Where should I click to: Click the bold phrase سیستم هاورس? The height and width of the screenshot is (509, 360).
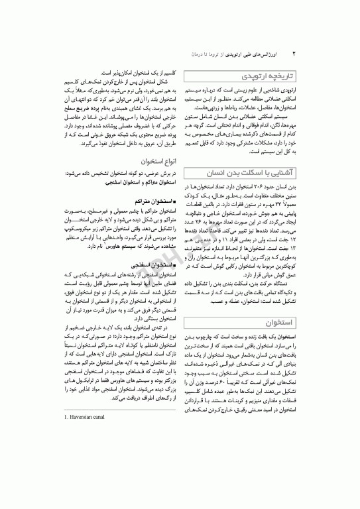pos(121,245)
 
